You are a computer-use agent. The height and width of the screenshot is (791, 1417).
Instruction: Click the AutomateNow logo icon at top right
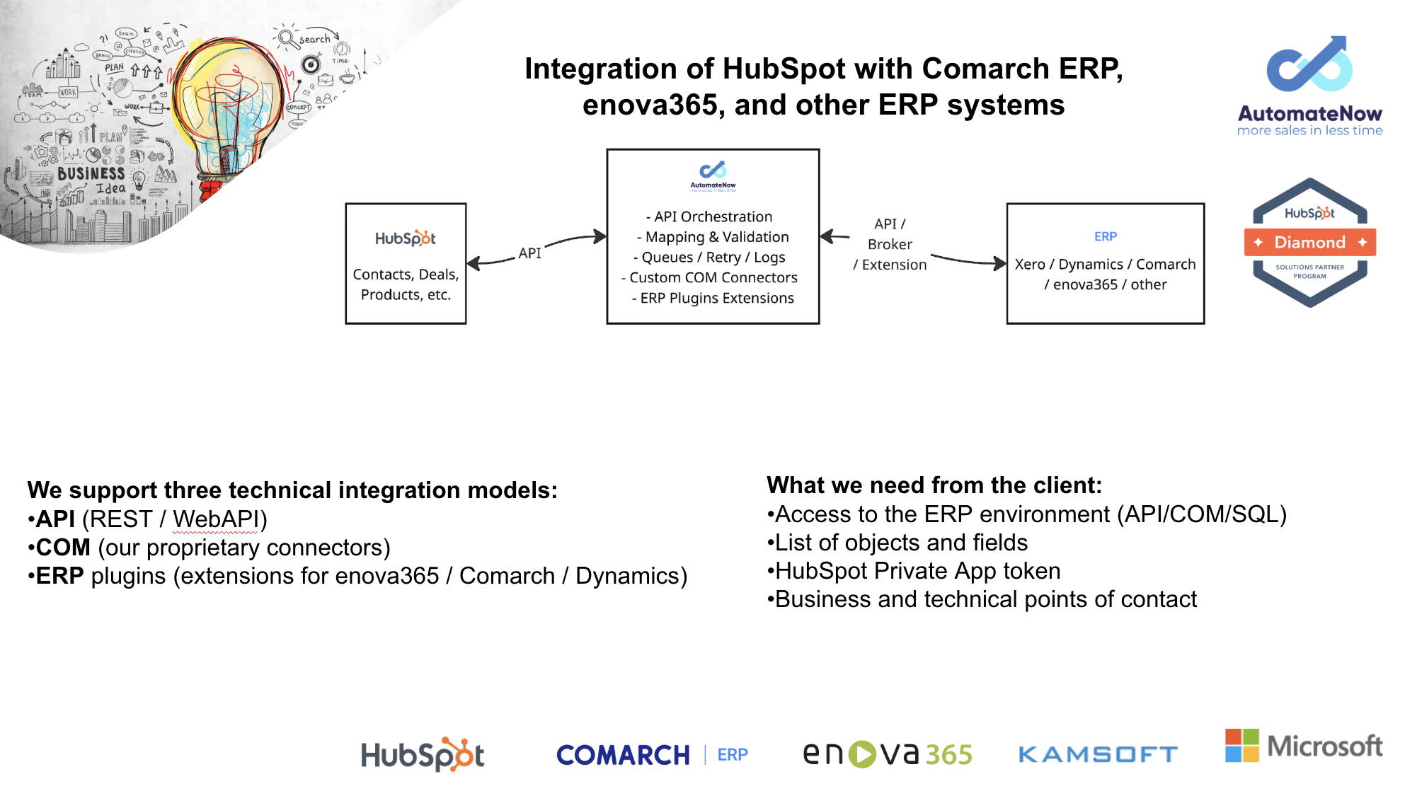tap(1309, 65)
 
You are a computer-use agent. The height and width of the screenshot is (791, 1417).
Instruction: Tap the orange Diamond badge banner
tap(1309, 243)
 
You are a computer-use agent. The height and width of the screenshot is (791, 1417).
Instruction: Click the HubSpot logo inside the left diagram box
tap(406, 238)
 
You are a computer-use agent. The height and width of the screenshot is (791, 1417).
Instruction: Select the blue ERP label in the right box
tap(1105, 236)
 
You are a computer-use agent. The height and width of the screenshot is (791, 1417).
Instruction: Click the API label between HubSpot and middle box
tap(529, 253)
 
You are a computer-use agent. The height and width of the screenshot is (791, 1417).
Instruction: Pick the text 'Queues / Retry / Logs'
tap(713, 258)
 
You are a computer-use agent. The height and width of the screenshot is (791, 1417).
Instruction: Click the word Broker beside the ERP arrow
tap(890, 244)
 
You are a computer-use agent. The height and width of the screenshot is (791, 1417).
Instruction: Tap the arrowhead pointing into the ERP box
tap(1000, 264)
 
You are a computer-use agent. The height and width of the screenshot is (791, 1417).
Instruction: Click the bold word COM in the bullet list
tap(63, 548)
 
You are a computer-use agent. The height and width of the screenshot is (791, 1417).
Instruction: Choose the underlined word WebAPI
tap(216, 519)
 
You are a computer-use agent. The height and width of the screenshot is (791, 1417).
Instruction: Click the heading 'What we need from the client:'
tap(934, 485)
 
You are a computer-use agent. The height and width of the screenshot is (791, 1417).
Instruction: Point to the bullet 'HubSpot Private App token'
tap(917, 571)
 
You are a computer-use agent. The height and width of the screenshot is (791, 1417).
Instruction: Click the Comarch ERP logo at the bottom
tap(651, 755)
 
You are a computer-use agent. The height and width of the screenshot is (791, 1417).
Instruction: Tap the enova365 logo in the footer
tap(888, 754)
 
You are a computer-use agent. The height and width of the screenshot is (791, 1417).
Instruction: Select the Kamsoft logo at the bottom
tap(1098, 755)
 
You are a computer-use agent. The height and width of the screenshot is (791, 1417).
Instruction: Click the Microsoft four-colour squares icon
tap(1242, 746)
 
